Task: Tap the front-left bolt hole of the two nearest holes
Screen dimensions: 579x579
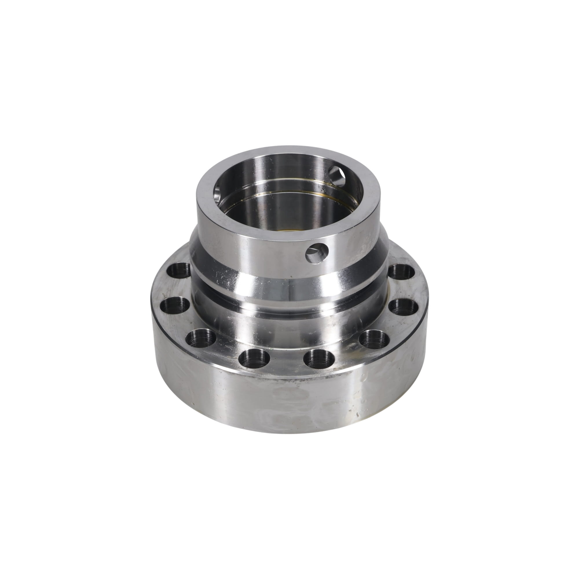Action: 255,360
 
